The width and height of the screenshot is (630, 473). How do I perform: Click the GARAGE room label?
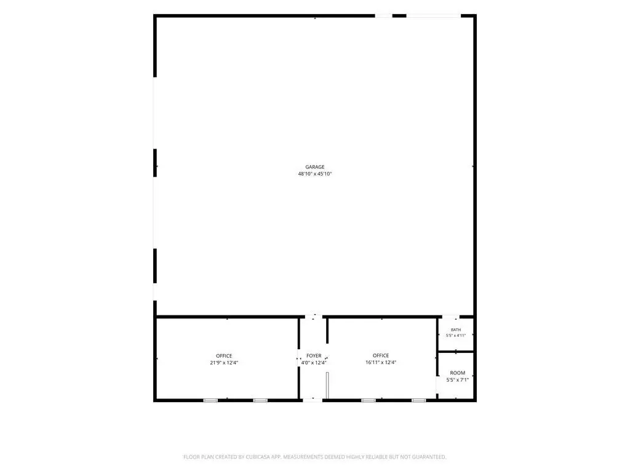[314, 167]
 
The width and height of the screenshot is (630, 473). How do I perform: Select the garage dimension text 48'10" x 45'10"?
[314, 174]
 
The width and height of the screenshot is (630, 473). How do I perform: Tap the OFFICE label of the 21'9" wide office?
[224, 356]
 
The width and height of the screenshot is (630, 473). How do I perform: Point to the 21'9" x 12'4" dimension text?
[224, 363]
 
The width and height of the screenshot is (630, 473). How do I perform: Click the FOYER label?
[314, 356]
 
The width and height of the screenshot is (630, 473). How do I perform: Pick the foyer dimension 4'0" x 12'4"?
[314, 363]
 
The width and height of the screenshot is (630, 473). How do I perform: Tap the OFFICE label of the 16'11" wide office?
[380, 355]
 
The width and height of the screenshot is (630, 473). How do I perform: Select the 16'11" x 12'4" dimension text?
[380, 362]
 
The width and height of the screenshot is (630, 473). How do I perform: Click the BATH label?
[456, 330]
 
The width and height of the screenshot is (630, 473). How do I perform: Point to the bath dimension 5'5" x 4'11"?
[456, 336]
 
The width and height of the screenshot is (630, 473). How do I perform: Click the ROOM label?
[457, 373]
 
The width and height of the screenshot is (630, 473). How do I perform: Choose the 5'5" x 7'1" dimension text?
[457, 379]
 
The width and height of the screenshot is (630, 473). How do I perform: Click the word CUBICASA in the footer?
[258, 457]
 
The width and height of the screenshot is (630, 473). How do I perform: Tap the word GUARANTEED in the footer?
[429, 457]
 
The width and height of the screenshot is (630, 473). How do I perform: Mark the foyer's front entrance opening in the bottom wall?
[312, 400]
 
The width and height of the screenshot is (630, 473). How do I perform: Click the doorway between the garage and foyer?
[313, 317]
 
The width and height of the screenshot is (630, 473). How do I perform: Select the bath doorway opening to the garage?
[450, 317]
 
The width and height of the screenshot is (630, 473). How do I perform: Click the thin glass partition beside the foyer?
[327, 386]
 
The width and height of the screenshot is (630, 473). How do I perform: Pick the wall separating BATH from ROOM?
[456, 352]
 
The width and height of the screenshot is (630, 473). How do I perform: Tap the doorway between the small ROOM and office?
[437, 386]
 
